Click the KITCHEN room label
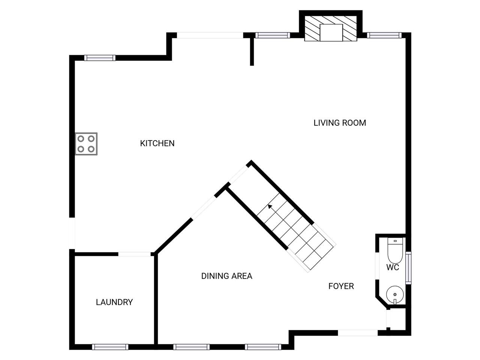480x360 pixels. click(x=157, y=143)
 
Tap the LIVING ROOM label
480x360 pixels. click(x=340, y=123)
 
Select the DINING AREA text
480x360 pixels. click(x=227, y=276)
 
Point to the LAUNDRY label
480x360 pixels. click(x=114, y=302)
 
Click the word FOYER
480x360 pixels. click(x=341, y=286)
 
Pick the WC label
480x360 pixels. click(x=393, y=267)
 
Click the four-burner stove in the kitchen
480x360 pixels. click(x=86, y=144)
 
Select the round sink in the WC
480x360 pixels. click(x=395, y=295)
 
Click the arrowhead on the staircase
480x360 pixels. click(x=270, y=206)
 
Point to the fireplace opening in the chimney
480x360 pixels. click(x=331, y=33)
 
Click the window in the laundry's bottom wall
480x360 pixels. click(x=110, y=347)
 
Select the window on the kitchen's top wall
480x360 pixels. click(x=100, y=58)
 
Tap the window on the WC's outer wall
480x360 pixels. click(x=408, y=268)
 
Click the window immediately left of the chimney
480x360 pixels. click(x=273, y=35)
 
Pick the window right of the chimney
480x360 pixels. click(x=384, y=35)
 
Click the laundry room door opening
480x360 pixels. click(x=135, y=254)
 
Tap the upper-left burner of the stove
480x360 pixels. click(x=81, y=139)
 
